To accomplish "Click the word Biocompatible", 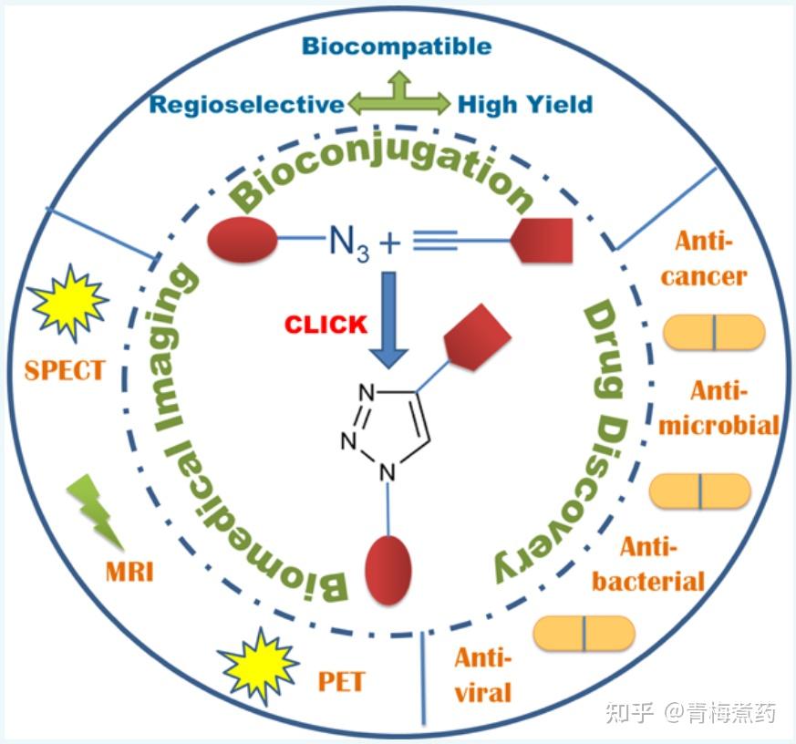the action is (x=397, y=46).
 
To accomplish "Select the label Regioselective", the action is (x=247, y=105).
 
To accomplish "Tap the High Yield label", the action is (x=525, y=105).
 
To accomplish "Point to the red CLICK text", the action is (x=326, y=325).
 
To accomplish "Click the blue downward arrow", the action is (x=388, y=320).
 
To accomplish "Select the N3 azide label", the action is (x=349, y=243).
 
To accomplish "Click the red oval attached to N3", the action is (x=243, y=240).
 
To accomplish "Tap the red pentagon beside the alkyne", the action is (x=543, y=241).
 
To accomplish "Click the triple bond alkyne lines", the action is (x=435, y=241).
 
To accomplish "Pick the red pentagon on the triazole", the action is (x=476, y=337).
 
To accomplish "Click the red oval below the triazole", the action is (x=388, y=571).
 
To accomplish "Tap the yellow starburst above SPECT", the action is (x=68, y=302).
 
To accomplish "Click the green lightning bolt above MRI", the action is (x=97, y=511).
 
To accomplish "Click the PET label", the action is (x=341, y=682).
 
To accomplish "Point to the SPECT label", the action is (x=65, y=370).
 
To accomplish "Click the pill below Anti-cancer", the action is (x=714, y=333).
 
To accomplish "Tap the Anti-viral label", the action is (x=482, y=676).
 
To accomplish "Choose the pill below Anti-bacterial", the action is (x=584, y=634).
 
